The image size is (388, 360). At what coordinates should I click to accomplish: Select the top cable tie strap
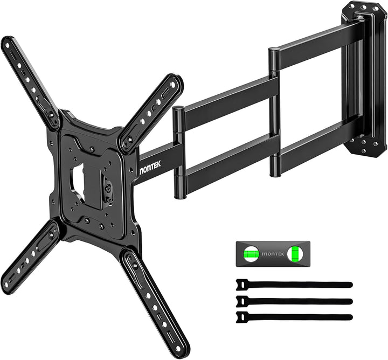tap(294, 285)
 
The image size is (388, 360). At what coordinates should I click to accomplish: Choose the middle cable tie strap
tap(294, 301)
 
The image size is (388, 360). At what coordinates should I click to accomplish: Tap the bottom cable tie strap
tap(294, 317)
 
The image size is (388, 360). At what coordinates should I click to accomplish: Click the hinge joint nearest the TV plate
tap(179, 151)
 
